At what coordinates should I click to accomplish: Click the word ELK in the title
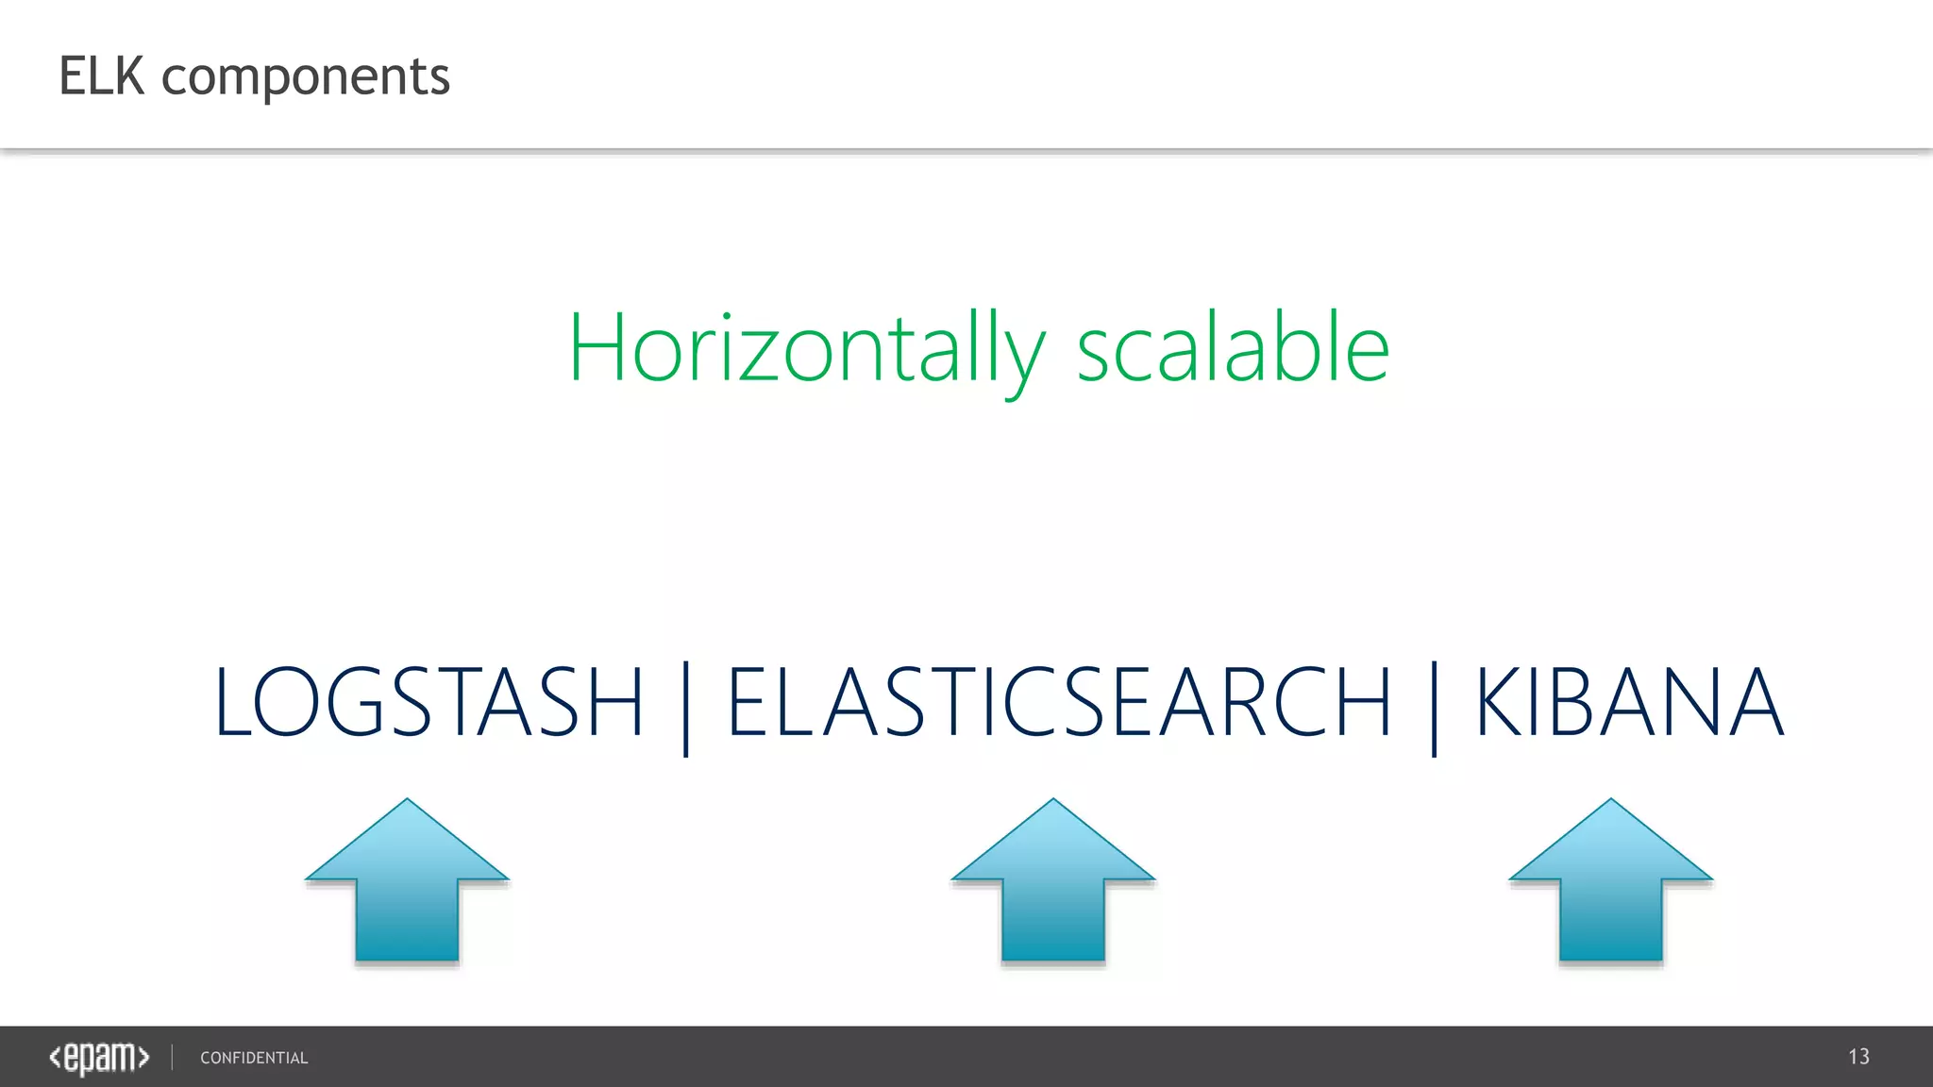pyautogui.click(x=101, y=76)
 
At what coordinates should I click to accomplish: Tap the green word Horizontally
pyautogui.click(x=805, y=349)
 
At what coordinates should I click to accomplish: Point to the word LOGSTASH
pyautogui.click(x=429, y=702)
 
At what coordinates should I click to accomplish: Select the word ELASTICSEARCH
pyautogui.click(x=1059, y=702)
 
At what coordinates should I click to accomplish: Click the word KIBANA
pyautogui.click(x=1629, y=702)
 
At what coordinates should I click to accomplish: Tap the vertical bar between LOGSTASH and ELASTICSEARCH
pyautogui.click(x=686, y=708)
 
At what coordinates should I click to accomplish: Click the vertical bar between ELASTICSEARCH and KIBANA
pyautogui.click(x=1434, y=708)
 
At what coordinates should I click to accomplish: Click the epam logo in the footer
pyautogui.click(x=99, y=1058)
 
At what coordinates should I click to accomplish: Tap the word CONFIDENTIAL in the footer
pyautogui.click(x=254, y=1059)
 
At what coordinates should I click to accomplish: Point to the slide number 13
pyautogui.click(x=1858, y=1057)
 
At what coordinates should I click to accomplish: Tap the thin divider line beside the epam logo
pyautogui.click(x=173, y=1057)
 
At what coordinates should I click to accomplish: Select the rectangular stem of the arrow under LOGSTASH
pyautogui.click(x=407, y=920)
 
